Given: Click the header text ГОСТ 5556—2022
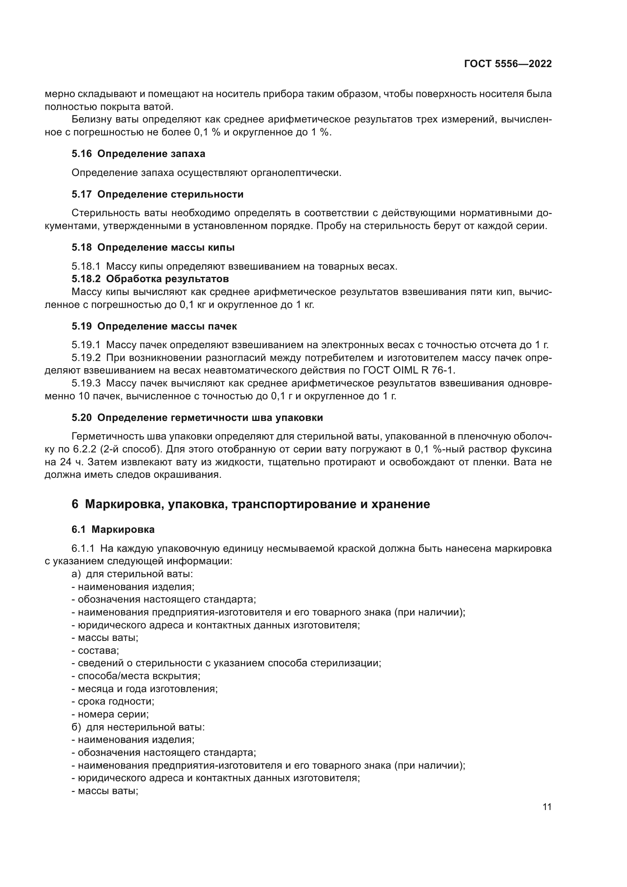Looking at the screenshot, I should click(508, 64).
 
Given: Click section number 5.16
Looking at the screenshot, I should click(82, 154).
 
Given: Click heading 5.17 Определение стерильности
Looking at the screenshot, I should click(158, 194).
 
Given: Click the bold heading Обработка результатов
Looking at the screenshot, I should click(167, 279).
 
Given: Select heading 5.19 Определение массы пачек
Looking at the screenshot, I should click(154, 326).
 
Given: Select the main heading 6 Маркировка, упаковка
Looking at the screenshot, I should click(251, 504).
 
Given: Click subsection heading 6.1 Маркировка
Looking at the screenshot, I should click(113, 529).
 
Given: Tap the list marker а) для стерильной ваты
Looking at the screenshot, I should click(77, 574).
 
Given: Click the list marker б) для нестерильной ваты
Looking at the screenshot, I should click(77, 727).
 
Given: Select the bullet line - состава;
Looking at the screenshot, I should click(96, 651).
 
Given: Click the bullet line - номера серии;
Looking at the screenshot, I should click(110, 714).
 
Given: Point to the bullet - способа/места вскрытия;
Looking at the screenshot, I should click(136, 676).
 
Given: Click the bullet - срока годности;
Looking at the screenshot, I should click(113, 702).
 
